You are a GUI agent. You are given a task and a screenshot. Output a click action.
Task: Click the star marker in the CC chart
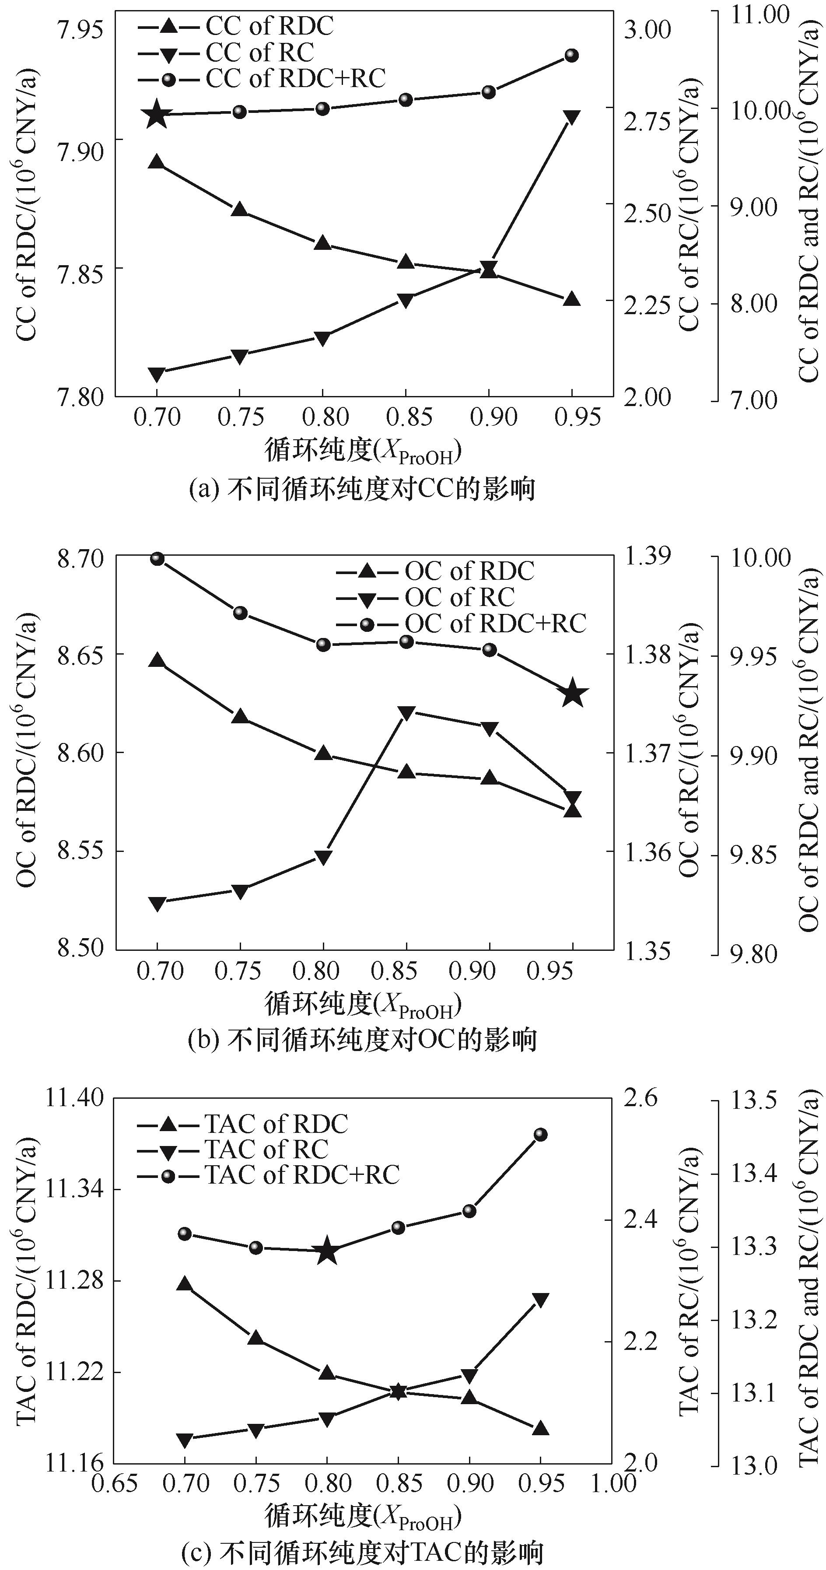[157, 114]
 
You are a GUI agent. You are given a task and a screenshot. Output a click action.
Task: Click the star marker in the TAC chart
[327, 1251]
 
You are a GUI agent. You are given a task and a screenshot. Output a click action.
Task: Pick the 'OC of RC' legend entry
[459, 597]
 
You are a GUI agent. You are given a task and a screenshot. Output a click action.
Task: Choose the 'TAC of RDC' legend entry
[276, 1123]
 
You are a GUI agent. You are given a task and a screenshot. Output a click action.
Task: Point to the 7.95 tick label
[79, 28]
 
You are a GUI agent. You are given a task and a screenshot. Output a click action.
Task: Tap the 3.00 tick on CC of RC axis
[647, 29]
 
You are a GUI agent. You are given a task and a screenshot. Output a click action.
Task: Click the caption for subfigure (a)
[363, 489]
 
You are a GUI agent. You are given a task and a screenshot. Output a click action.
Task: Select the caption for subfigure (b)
[362, 1040]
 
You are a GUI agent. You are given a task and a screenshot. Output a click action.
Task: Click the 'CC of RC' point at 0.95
[571, 117]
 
